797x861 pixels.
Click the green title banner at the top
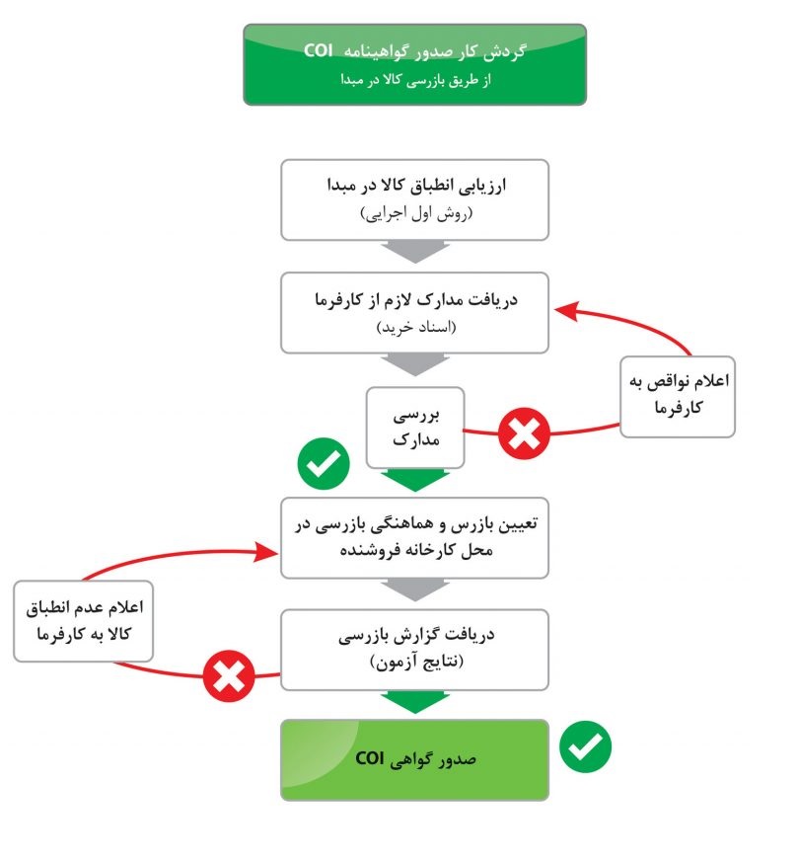tap(414, 64)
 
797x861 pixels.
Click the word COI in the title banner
tap(319, 50)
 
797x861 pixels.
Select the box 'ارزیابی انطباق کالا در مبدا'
tap(414, 199)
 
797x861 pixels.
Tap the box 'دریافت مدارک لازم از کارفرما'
tap(414, 312)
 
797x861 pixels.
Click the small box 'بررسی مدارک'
tap(415, 428)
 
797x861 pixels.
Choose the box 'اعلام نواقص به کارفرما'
tap(678, 397)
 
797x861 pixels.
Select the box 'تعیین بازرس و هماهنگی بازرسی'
tap(414, 538)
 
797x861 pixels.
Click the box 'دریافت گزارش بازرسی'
tap(414, 650)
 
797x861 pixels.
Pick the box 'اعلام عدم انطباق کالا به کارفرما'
tap(84, 621)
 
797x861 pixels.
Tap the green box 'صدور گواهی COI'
tap(414, 760)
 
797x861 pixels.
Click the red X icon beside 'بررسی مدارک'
tap(524, 433)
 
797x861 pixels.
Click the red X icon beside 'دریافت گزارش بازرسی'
tap(229, 676)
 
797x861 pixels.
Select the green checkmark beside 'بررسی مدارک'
tap(324, 463)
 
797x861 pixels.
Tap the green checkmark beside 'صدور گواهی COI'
tap(585, 746)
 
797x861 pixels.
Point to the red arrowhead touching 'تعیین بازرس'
tap(267, 552)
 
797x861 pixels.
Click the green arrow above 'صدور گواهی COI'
tap(415, 703)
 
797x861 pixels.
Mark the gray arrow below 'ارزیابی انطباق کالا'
tap(415, 252)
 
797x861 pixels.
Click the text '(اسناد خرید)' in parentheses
tap(416, 328)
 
